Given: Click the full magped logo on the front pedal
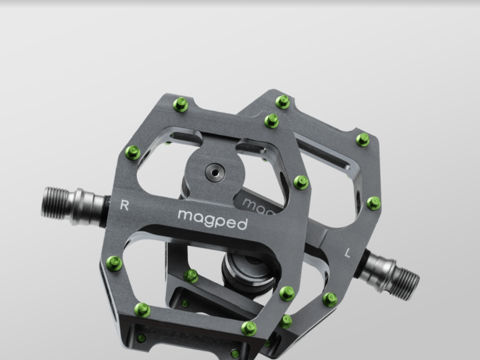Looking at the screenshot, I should [x=213, y=219].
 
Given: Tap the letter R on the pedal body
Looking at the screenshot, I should [x=124, y=205].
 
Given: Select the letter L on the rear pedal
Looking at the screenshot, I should [x=348, y=254].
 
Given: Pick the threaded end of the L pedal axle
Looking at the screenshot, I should [x=404, y=284].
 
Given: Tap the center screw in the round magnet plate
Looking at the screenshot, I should [x=215, y=172].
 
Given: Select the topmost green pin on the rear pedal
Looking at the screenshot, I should [x=282, y=102].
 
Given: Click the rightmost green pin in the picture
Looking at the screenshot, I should [x=373, y=203].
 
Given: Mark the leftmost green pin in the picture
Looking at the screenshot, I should [x=114, y=263].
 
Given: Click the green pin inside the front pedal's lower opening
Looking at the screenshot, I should [x=190, y=276].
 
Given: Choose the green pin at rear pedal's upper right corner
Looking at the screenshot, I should [x=363, y=139].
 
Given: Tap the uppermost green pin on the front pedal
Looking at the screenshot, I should [x=181, y=105].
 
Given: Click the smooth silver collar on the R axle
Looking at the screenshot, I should [x=89, y=205].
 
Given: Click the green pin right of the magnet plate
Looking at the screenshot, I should [x=301, y=182].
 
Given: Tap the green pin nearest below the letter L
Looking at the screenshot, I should [x=330, y=299].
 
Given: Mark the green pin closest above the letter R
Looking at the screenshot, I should [x=133, y=152].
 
